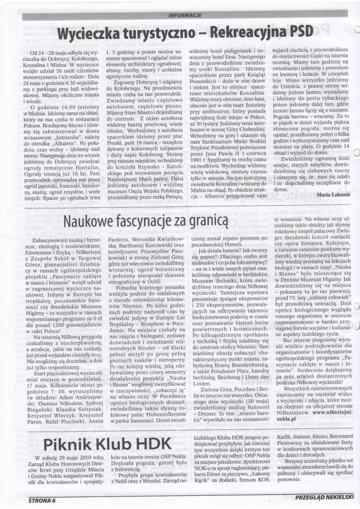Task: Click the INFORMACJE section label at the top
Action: (183, 15)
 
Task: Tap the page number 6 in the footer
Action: (54, 499)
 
